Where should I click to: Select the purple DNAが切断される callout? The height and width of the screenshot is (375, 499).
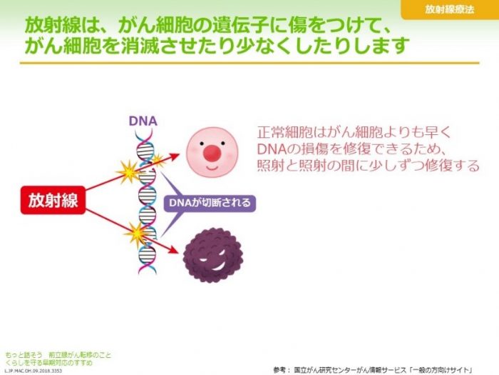(210, 203)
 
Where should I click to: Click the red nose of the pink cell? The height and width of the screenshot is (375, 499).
(212, 151)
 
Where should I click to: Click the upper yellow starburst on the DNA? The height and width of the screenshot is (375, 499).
(130, 172)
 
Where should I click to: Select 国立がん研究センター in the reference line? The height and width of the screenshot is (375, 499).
(328, 369)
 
